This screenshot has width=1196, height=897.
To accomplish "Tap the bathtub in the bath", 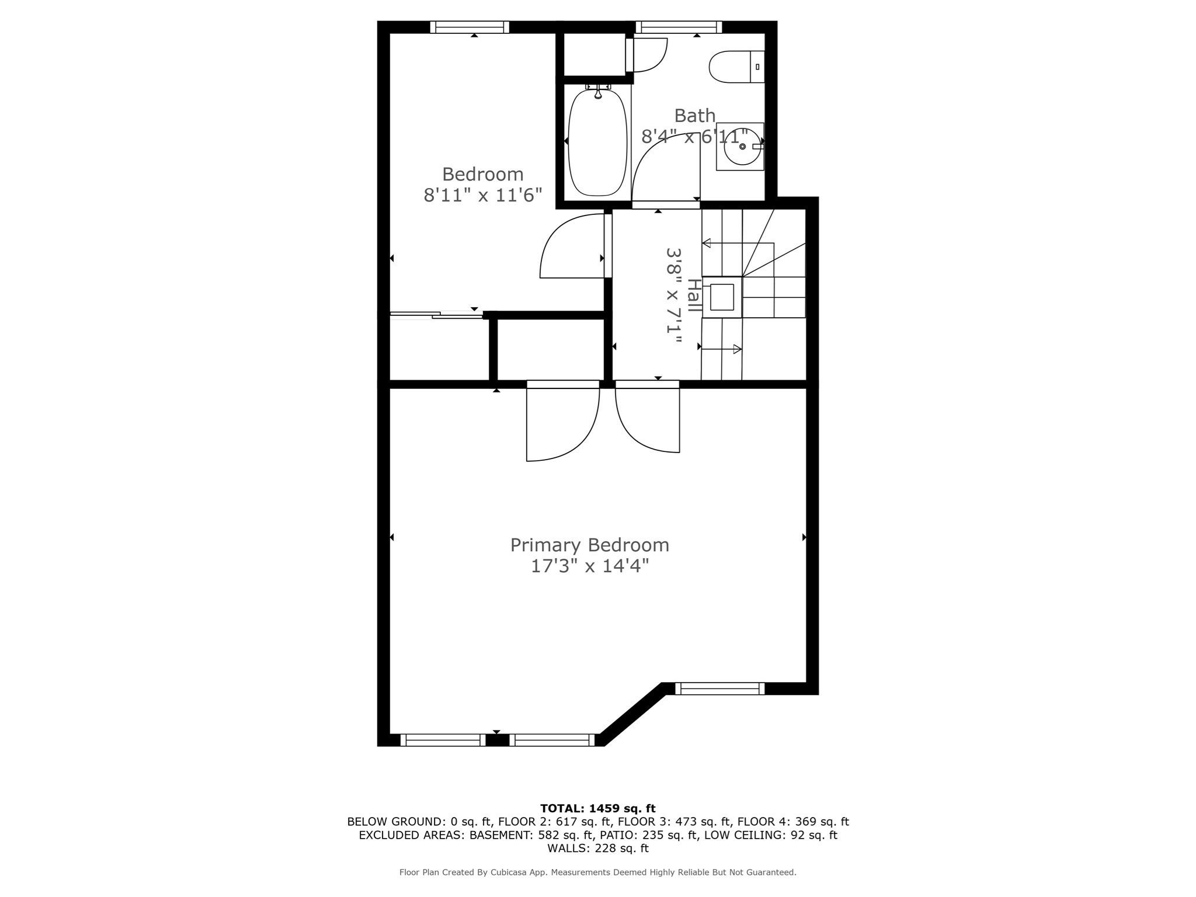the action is [x=597, y=142].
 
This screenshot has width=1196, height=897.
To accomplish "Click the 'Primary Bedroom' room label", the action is [x=590, y=545].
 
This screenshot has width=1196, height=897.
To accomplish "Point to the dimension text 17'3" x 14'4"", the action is [x=590, y=566].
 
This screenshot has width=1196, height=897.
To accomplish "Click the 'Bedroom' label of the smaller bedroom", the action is [x=482, y=174].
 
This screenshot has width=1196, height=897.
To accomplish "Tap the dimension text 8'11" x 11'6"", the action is [x=483, y=195].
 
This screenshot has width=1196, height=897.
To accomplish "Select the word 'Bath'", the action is [x=695, y=116].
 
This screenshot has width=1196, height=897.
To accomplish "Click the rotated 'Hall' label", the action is [x=694, y=295].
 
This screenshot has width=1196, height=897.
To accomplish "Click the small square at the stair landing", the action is [x=722, y=297].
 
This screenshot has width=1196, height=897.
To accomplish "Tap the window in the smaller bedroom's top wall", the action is [x=470, y=27].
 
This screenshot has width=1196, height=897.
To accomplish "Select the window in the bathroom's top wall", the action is [x=679, y=27].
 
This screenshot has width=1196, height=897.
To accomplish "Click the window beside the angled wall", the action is [x=720, y=689].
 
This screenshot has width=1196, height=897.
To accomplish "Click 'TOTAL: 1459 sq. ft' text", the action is [x=598, y=808].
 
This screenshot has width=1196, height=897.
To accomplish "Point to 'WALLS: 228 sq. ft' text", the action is [x=598, y=848].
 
